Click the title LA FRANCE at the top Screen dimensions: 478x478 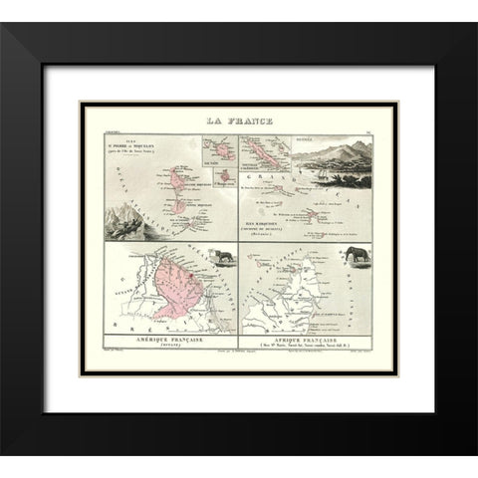pyautogui.click(x=239, y=122)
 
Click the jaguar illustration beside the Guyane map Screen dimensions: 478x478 pyautogui.click(x=227, y=257)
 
